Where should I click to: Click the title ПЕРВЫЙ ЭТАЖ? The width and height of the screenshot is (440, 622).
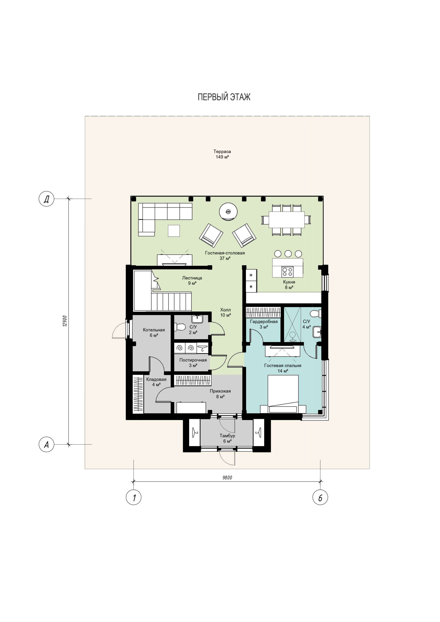[x=224, y=97]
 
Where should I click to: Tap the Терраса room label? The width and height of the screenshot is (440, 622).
[x=222, y=151]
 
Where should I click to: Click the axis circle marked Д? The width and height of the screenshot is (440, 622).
[x=46, y=199]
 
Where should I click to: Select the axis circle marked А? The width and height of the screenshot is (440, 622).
[x=46, y=445]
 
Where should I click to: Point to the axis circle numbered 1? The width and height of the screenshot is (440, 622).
[x=134, y=497]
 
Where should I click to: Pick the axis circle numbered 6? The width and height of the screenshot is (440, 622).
[x=320, y=497]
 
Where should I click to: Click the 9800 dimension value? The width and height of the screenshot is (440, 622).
[x=227, y=478]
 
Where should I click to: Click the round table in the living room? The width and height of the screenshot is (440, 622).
[x=228, y=212]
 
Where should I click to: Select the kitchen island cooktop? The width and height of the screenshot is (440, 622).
[x=288, y=272]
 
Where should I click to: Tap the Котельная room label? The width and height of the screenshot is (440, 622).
[x=154, y=330]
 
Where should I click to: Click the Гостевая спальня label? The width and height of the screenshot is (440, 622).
[x=283, y=365]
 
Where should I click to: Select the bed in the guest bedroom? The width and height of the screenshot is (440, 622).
[x=283, y=394]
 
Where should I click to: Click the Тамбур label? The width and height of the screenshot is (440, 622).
[x=227, y=436]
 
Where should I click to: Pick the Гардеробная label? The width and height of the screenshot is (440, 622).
[x=264, y=321]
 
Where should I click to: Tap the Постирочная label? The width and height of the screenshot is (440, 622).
[x=193, y=360]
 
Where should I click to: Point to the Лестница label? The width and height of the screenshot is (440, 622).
[x=192, y=278]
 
